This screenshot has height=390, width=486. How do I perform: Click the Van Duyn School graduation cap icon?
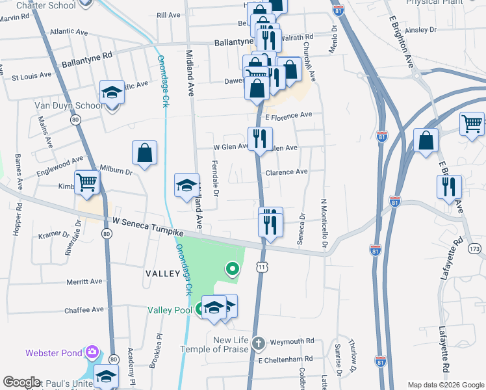(112, 92)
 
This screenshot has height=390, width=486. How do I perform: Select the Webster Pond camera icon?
(92, 352)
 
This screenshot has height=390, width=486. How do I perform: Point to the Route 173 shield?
(474, 248)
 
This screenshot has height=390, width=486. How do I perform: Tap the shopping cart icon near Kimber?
(86, 183)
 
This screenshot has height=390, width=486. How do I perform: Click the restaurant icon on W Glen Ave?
(259, 139)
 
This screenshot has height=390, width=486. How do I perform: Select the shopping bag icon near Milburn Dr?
(145, 153)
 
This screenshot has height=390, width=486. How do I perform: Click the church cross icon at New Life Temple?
(258, 343)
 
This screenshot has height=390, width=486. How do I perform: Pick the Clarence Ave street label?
(287, 172)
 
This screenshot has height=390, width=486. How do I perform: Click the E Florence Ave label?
(288, 115)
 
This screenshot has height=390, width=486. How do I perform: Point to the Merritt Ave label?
(84, 282)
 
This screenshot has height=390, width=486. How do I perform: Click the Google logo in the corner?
(21, 382)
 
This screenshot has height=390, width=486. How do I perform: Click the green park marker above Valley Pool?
(232, 268)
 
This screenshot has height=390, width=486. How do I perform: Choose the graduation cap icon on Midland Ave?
(186, 185)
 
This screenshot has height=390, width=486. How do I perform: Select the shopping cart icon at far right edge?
(472, 123)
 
